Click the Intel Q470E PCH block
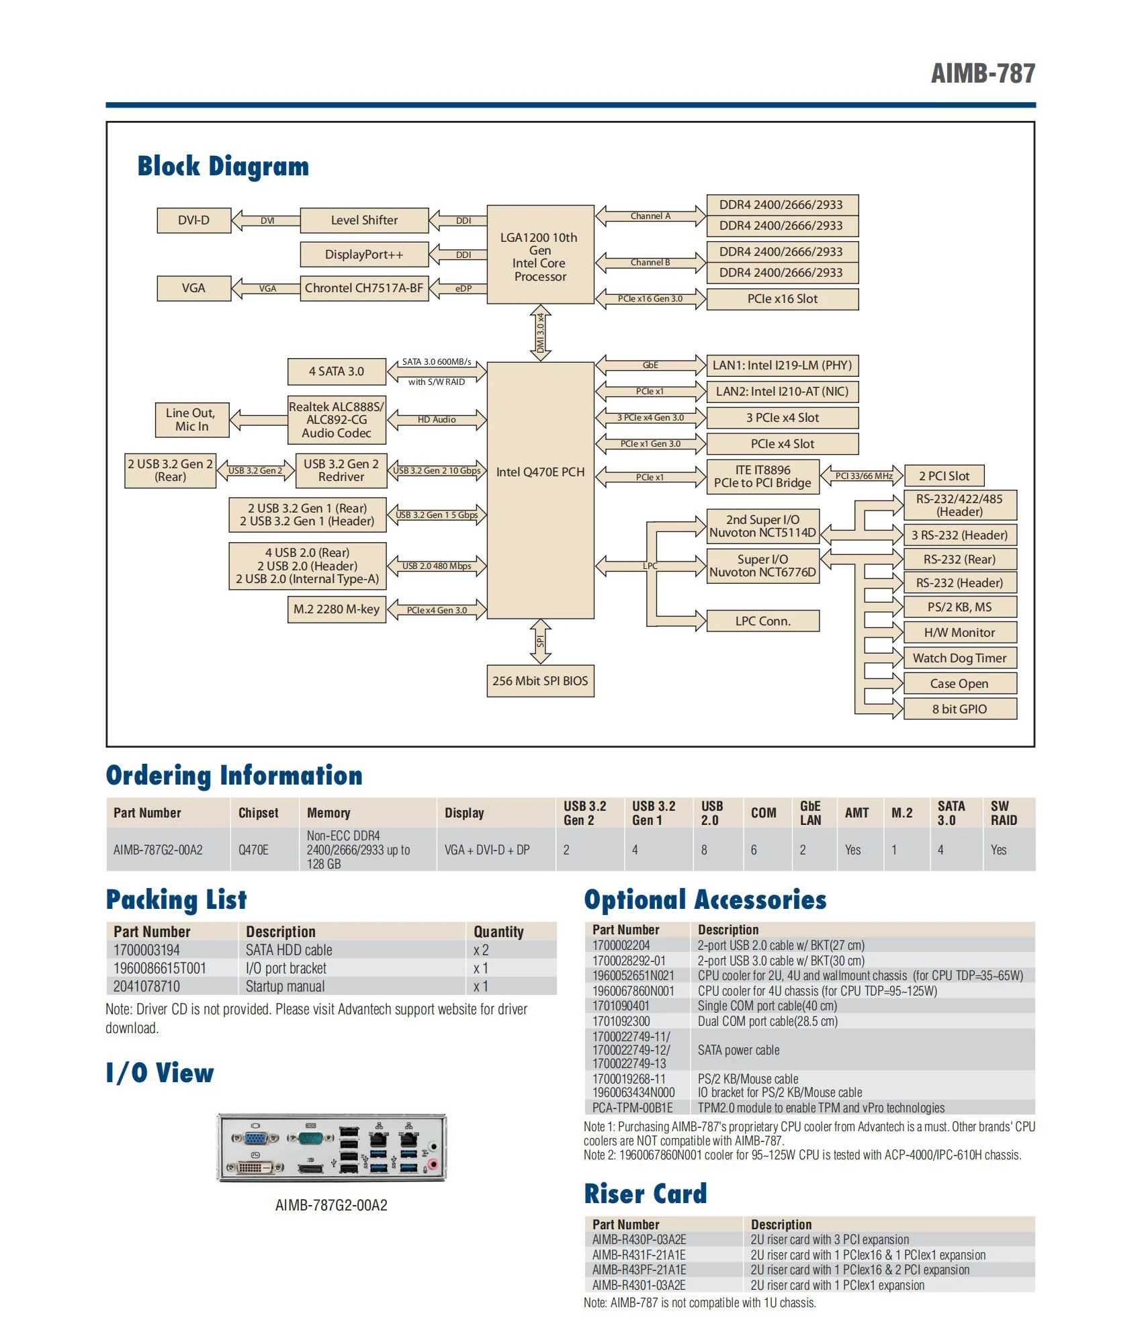[x=540, y=490]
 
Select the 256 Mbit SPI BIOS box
[x=540, y=680]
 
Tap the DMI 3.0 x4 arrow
[x=540, y=333]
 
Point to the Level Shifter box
[x=364, y=220]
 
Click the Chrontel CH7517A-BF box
[x=364, y=288]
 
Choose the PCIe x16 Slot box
[x=783, y=299]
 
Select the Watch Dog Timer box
[x=959, y=658]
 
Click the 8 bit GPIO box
[x=959, y=709]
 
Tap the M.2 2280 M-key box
[x=337, y=609]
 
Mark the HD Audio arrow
[x=437, y=420]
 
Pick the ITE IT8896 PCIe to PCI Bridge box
[x=762, y=476]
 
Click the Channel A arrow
[x=650, y=216]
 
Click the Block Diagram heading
[x=223, y=167]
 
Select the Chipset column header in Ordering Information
[x=258, y=813]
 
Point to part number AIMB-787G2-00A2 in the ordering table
[x=158, y=850]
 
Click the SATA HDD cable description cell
[x=289, y=950]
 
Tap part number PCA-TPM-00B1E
[x=632, y=1108]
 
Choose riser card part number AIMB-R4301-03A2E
[x=639, y=1285]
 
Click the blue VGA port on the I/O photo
[x=255, y=1138]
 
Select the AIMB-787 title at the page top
[x=983, y=73]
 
